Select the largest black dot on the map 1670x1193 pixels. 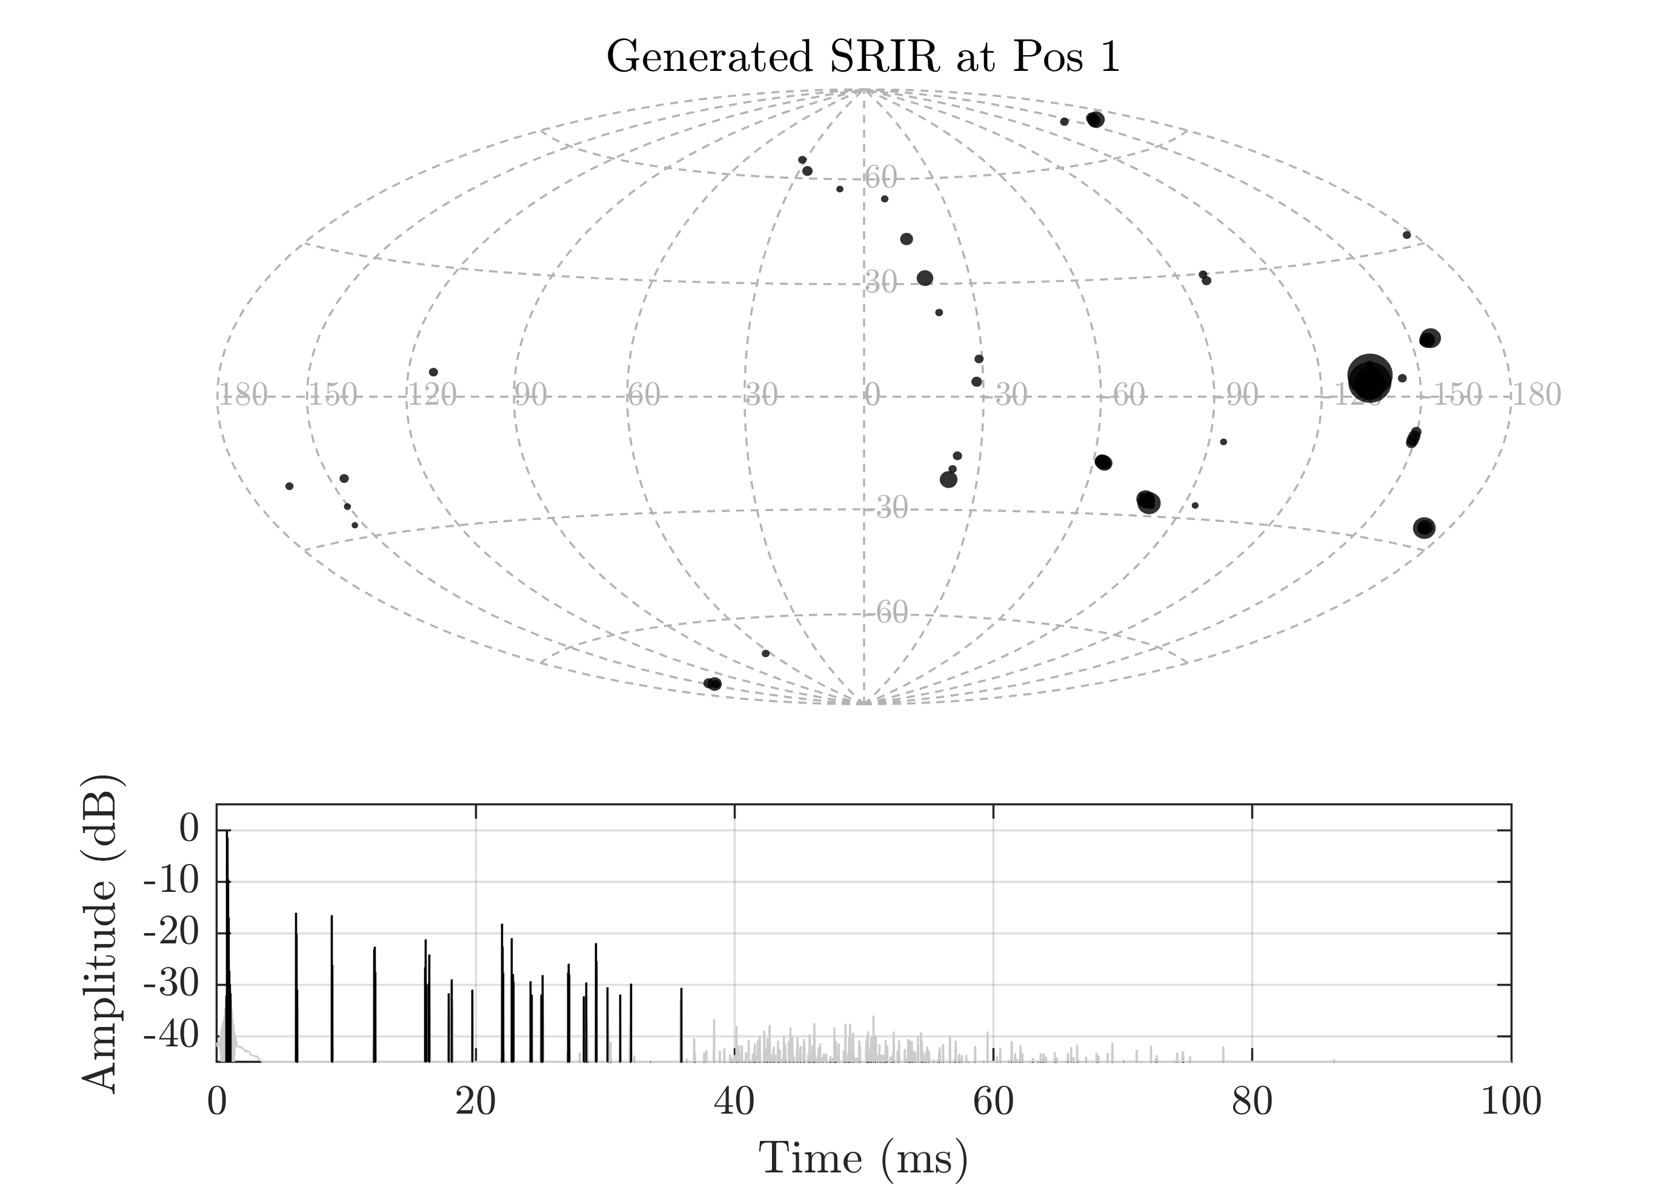tap(1369, 378)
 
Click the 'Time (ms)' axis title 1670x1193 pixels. tap(863, 1158)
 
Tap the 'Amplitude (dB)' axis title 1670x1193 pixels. tap(100, 933)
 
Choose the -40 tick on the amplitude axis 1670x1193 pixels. tap(170, 1037)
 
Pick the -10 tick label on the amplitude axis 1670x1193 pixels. tap(170, 882)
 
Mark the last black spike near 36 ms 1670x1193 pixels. tap(681, 1025)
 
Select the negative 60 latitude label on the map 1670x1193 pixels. tap(891, 613)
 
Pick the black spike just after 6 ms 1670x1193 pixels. tap(296, 985)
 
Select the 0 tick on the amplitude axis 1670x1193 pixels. tap(189, 830)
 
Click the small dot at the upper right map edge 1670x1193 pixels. tap(1406, 235)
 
